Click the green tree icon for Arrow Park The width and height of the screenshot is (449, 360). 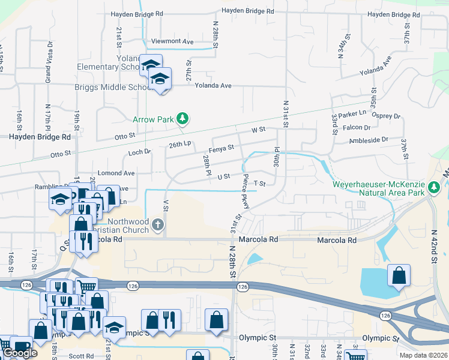(183, 119)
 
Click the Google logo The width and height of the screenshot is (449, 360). (20, 353)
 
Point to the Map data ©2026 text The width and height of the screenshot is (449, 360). (423, 355)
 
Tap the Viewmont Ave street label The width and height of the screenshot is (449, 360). (172, 41)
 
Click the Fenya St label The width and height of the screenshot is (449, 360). (221, 148)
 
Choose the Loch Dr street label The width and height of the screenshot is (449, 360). (140, 152)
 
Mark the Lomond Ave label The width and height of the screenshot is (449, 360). (116, 173)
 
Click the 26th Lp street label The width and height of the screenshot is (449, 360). (179, 145)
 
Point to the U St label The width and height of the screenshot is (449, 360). (224, 176)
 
